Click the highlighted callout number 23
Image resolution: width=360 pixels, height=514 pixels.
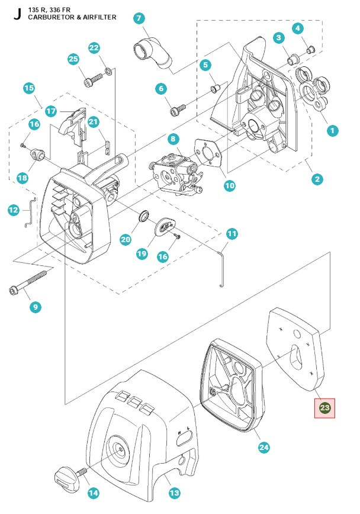coord(324,407)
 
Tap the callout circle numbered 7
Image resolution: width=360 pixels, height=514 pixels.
coord(139,18)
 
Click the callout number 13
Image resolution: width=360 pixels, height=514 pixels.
coord(174,493)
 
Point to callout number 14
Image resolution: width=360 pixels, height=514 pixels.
coord(94,493)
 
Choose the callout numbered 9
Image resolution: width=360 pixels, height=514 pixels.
coord(36,307)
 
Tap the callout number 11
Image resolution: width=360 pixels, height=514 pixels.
coord(232,234)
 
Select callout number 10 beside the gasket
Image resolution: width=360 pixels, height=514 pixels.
coord(229,185)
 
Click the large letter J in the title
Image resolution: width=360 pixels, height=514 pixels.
coord(16,14)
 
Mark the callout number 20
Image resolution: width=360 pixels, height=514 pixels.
coord(125,240)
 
